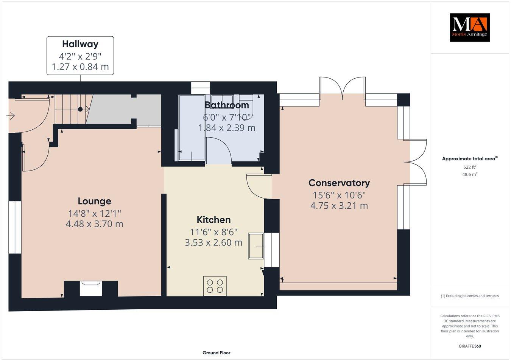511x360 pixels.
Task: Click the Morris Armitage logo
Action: (469, 27)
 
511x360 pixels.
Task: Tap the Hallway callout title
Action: (80, 44)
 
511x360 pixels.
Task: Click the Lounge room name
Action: (94, 201)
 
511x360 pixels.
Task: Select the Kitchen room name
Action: (213, 220)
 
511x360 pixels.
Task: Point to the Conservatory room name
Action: (339, 183)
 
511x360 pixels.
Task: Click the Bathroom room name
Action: (227, 105)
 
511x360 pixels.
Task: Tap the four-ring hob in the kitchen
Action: (215, 286)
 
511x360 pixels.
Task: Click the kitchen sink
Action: (256, 246)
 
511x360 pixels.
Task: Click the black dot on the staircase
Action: (80, 109)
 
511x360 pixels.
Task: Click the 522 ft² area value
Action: (469, 167)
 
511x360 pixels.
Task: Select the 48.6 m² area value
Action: (469, 174)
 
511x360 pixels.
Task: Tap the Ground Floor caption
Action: (216, 353)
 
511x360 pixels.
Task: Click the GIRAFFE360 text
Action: (469, 346)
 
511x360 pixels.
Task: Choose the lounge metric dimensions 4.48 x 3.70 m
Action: (94, 224)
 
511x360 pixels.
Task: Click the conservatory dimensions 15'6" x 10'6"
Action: (339, 195)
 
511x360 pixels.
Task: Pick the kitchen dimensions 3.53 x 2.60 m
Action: (213, 242)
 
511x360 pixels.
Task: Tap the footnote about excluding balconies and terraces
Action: (469, 296)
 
